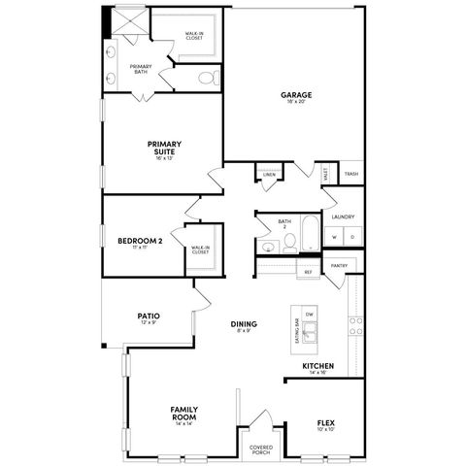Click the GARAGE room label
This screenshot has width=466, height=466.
(296, 95)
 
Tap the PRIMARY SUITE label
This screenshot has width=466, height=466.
(164, 148)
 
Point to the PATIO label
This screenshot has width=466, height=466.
(148, 316)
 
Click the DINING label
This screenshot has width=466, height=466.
(243, 324)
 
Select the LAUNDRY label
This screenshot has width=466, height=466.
(343, 217)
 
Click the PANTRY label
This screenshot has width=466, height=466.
(339, 265)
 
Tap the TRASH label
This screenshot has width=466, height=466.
(350, 174)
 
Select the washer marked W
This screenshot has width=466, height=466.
(334, 237)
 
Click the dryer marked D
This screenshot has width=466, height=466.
(351, 237)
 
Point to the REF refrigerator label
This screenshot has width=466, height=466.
(308, 273)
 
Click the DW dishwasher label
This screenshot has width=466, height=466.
(310, 316)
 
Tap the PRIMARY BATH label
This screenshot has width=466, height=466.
(141, 68)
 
